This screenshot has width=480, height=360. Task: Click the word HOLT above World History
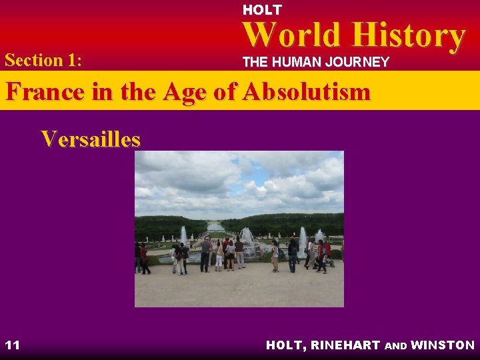point(261,10)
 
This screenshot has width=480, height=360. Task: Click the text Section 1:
point(43,60)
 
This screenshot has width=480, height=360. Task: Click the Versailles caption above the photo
point(91,139)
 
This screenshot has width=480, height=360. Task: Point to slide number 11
point(12,345)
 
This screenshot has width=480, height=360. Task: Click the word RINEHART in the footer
point(347,345)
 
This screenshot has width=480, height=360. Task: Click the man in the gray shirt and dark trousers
point(206,254)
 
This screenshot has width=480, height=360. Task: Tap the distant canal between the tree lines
point(215,227)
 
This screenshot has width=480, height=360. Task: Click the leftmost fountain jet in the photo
point(183,235)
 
